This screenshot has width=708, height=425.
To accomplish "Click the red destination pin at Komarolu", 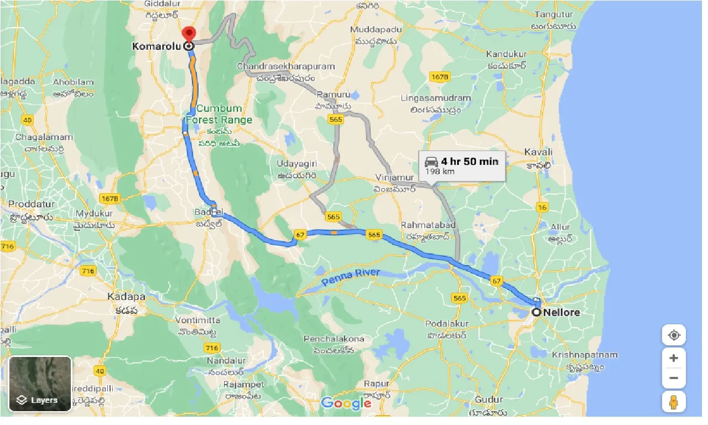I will point(189,34).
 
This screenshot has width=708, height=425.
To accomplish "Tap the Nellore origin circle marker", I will point(536,312).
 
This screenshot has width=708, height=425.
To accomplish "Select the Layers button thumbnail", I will point(40,383).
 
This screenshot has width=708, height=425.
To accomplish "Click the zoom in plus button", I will point(673,358).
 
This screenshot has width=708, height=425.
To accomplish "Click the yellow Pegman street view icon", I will point(673,402).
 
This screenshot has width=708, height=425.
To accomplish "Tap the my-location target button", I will point(673,335).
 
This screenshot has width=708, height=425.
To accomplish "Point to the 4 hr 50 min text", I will point(469,162).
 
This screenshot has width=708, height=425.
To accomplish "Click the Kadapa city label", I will point(127,297).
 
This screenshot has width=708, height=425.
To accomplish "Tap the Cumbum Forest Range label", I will point(219,115).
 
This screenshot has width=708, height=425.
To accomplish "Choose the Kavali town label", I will point(539,152).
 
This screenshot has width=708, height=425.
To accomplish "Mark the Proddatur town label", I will point(30,204).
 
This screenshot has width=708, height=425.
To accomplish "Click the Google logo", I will point(346,403).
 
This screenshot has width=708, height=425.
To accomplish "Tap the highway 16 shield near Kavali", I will point(542,207).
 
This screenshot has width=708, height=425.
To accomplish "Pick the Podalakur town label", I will point(447,324).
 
